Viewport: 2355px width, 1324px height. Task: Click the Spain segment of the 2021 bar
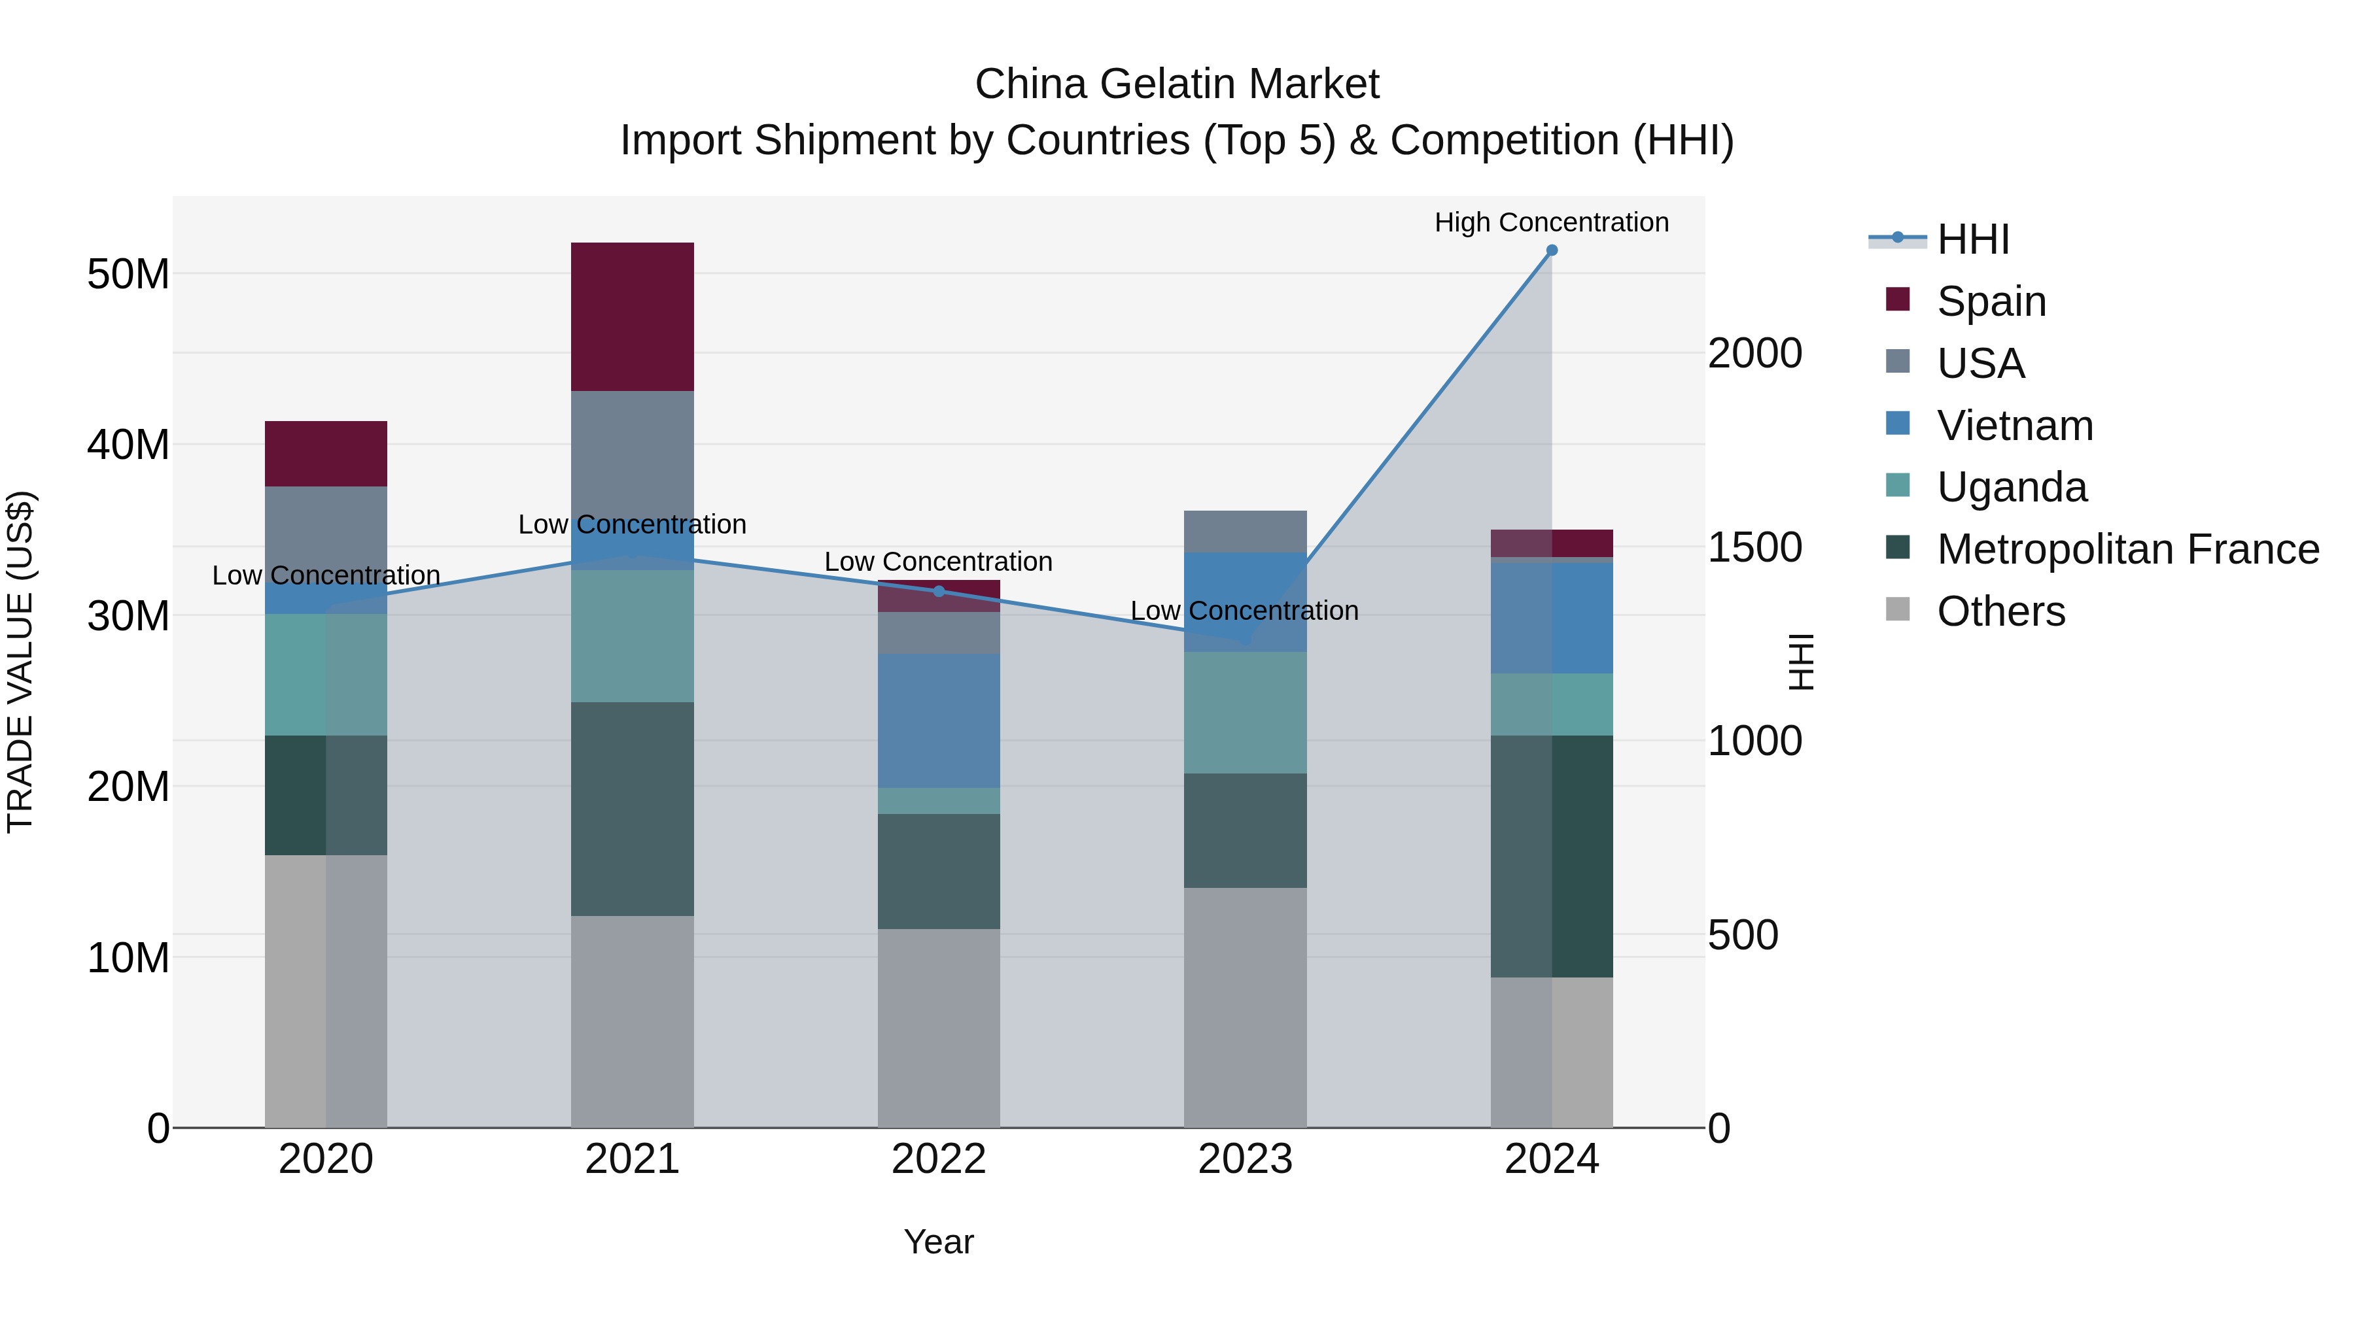pyautogui.click(x=632, y=316)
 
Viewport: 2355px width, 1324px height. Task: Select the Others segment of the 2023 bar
pyautogui.click(x=1244, y=1007)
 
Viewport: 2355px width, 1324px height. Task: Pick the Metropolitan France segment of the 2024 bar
pyautogui.click(x=1552, y=856)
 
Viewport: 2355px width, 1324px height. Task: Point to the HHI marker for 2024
pyautogui.click(x=1552, y=250)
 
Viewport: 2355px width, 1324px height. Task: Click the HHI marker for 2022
pyautogui.click(x=938, y=591)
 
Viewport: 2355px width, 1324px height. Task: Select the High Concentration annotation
pyautogui.click(x=1552, y=222)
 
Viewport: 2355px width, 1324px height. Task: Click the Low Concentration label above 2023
pyautogui.click(x=1244, y=611)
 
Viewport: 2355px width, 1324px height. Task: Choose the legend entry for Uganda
pyautogui.click(x=2012, y=487)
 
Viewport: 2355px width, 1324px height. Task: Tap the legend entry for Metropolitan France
pyautogui.click(x=2127, y=549)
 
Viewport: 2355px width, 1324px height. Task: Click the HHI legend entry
pyautogui.click(x=1973, y=239)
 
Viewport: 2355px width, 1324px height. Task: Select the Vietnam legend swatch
pyautogui.click(x=1898, y=424)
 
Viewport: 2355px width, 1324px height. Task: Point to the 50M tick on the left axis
pyautogui.click(x=128, y=274)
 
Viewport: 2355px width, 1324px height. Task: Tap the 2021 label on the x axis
pyautogui.click(x=632, y=1159)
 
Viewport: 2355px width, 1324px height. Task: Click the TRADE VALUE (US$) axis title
pyautogui.click(x=20, y=662)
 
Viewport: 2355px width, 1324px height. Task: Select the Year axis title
pyautogui.click(x=938, y=1242)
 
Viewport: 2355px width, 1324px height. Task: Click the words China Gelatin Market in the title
pyautogui.click(x=1177, y=84)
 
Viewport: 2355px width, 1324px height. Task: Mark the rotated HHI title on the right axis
pyautogui.click(x=1800, y=662)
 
